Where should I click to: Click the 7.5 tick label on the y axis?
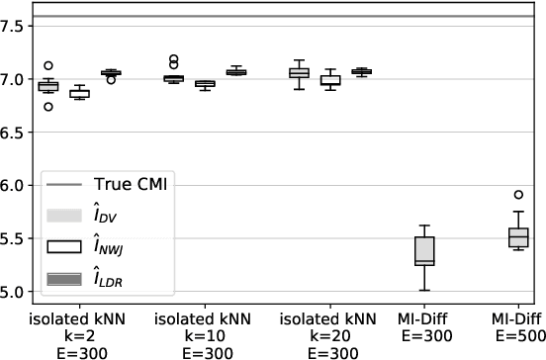(x=13, y=26)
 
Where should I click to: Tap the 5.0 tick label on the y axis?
(x=13, y=293)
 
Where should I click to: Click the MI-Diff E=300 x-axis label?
(x=425, y=335)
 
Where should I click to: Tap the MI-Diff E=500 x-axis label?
(x=518, y=335)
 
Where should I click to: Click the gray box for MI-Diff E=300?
(x=424, y=250)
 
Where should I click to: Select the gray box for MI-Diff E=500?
(x=518, y=237)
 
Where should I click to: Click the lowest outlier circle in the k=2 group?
(x=46, y=106)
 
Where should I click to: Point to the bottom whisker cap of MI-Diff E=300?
(x=424, y=290)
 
